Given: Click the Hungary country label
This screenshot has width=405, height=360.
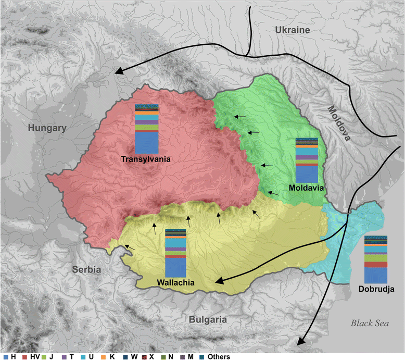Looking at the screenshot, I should (47, 128).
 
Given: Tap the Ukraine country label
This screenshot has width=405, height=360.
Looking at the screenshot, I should (292, 30).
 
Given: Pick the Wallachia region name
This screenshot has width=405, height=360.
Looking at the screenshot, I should (175, 282).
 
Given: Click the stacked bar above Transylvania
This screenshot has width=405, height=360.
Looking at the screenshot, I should (145, 128).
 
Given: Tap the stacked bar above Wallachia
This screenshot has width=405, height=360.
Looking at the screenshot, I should (175, 253).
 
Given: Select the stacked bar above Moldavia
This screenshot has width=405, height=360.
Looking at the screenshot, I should (306, 159).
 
